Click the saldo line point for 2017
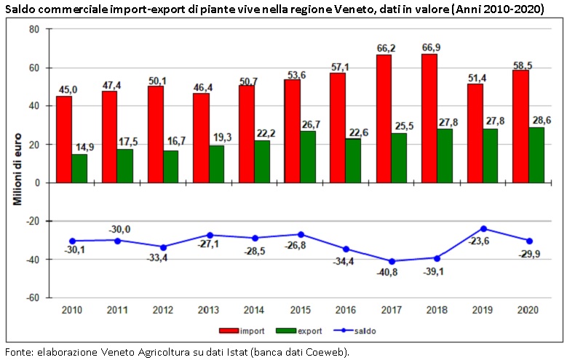391,261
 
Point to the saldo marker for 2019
483,228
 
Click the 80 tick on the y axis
34,29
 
